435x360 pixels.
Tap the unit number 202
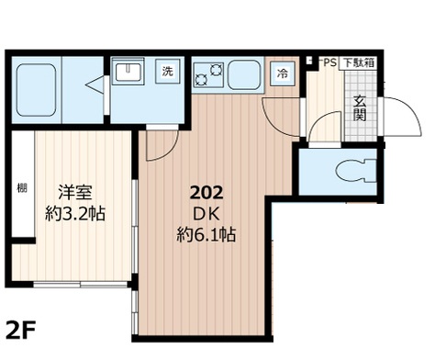206,193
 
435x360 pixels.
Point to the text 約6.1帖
206,235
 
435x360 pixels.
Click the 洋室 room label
75,195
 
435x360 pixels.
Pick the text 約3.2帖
75,215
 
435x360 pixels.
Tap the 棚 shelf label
20,190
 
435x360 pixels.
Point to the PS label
328,63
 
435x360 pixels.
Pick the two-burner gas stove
209,72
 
